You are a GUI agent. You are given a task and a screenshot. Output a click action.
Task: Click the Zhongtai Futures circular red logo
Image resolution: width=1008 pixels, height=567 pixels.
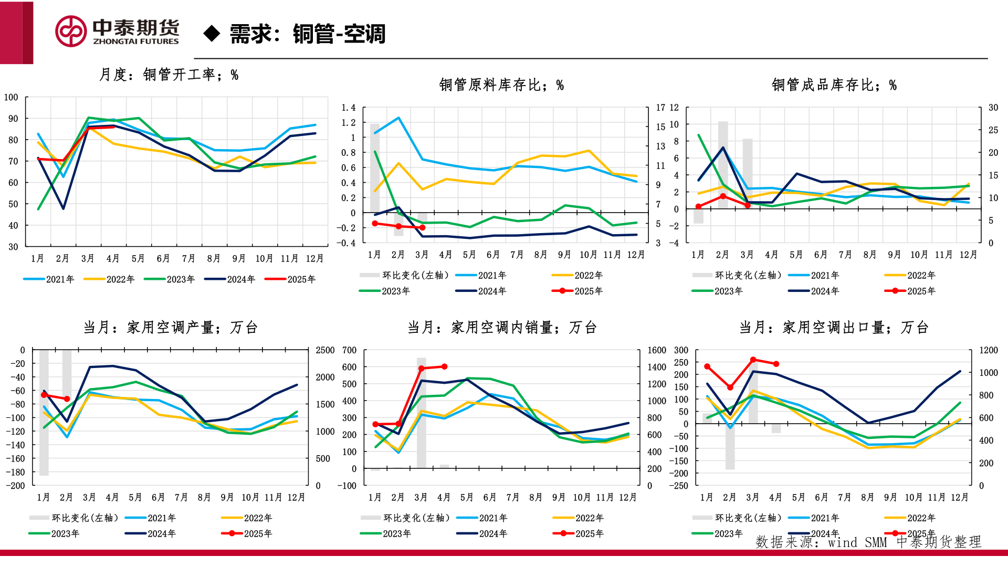click(71, 31)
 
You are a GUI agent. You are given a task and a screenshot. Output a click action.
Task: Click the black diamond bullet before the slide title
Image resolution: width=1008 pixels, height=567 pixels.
click(212, 34)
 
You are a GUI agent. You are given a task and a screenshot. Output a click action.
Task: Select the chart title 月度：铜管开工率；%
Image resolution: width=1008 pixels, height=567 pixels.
click(169, 75)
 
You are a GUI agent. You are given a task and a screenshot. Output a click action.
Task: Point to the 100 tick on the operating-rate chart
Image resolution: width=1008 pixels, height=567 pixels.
click(11, 97)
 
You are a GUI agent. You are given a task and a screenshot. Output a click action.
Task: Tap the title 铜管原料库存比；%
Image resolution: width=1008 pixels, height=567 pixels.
click(501, 85)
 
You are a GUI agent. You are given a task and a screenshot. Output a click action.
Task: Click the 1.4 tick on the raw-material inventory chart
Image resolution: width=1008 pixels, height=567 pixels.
click(349, 108)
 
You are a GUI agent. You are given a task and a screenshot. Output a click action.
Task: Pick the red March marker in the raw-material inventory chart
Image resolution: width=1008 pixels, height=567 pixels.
click(422, 227)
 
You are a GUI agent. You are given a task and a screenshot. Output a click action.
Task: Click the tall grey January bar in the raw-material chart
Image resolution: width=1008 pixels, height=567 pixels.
click(375, 168)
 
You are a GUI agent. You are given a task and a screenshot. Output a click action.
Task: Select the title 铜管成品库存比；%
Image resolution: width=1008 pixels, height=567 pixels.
click(834, 85)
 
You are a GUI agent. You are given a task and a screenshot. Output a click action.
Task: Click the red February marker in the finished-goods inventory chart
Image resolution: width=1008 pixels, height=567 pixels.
click(723, 196)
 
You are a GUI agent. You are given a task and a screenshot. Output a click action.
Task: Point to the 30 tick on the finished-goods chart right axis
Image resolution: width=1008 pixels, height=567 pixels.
click(993, 108)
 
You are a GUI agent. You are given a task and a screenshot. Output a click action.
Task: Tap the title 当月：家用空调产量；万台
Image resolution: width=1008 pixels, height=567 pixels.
click(170, 328)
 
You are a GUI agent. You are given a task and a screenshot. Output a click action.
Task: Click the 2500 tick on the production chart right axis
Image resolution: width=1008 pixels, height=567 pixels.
click(325, 350)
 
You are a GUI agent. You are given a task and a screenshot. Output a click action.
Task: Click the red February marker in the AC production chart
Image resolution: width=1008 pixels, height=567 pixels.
click(67, 399)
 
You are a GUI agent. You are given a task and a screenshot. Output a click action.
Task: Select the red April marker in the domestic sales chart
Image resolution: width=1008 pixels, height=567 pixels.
click(445, 366)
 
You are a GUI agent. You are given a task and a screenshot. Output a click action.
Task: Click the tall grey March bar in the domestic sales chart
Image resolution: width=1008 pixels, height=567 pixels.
click(422, 415)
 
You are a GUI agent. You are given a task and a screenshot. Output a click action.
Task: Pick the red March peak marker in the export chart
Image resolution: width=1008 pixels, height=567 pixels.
click(753, 360)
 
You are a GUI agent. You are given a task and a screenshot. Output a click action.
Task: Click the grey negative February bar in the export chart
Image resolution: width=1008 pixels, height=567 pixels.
click(730, 446)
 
